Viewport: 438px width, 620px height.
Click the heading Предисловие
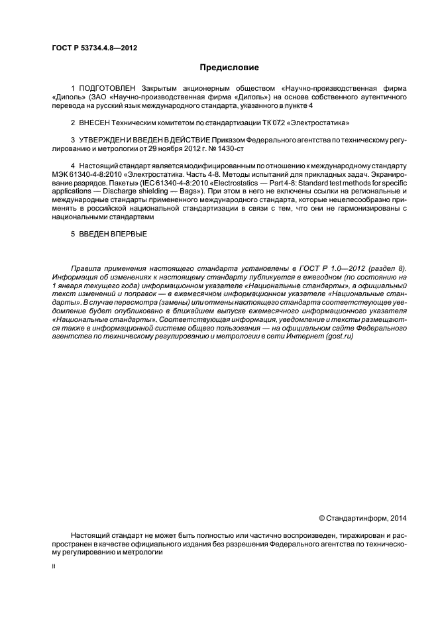pyautogui.click(x=229, y=68)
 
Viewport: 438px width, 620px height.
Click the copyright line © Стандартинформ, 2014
pyautogui.click(x=363, y=517)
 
